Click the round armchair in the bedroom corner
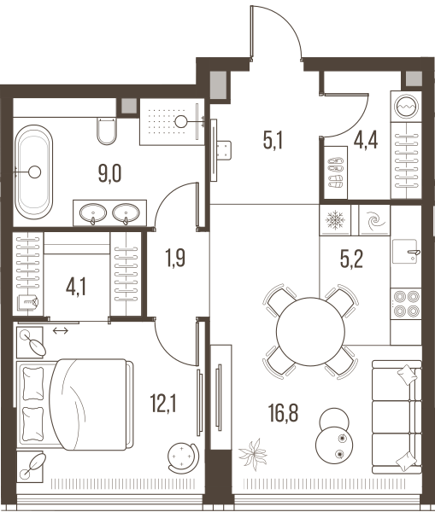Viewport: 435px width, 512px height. (182, 457)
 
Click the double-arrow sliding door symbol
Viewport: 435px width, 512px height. (61, 331)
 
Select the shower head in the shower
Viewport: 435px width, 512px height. (180, 121)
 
